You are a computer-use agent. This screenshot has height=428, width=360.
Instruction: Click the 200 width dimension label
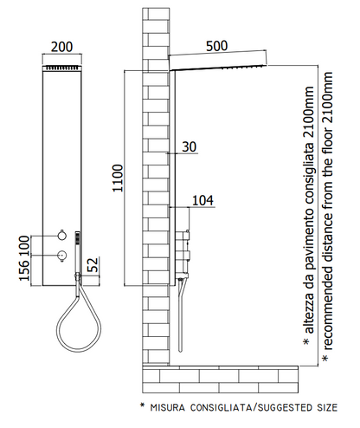(x=61, y=47)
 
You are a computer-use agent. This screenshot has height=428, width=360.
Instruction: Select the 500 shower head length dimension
(x=217, y=46)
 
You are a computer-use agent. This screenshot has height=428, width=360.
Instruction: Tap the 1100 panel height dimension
(x=118, y=178)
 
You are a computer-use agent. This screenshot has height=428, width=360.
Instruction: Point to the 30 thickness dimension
(x=190, y=146)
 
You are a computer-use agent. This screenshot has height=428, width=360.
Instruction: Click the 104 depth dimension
(x=202, y=200)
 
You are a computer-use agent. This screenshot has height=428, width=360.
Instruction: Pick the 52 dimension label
(x=93, y=264)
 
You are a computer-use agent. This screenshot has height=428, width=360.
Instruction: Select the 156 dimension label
(x=24, y=270)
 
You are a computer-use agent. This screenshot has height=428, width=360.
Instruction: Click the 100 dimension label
(x=24, y=246)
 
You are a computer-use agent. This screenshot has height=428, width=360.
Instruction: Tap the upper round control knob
(x=61, y=236)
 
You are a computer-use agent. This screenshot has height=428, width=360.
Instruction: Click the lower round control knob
(x=61, y=256)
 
